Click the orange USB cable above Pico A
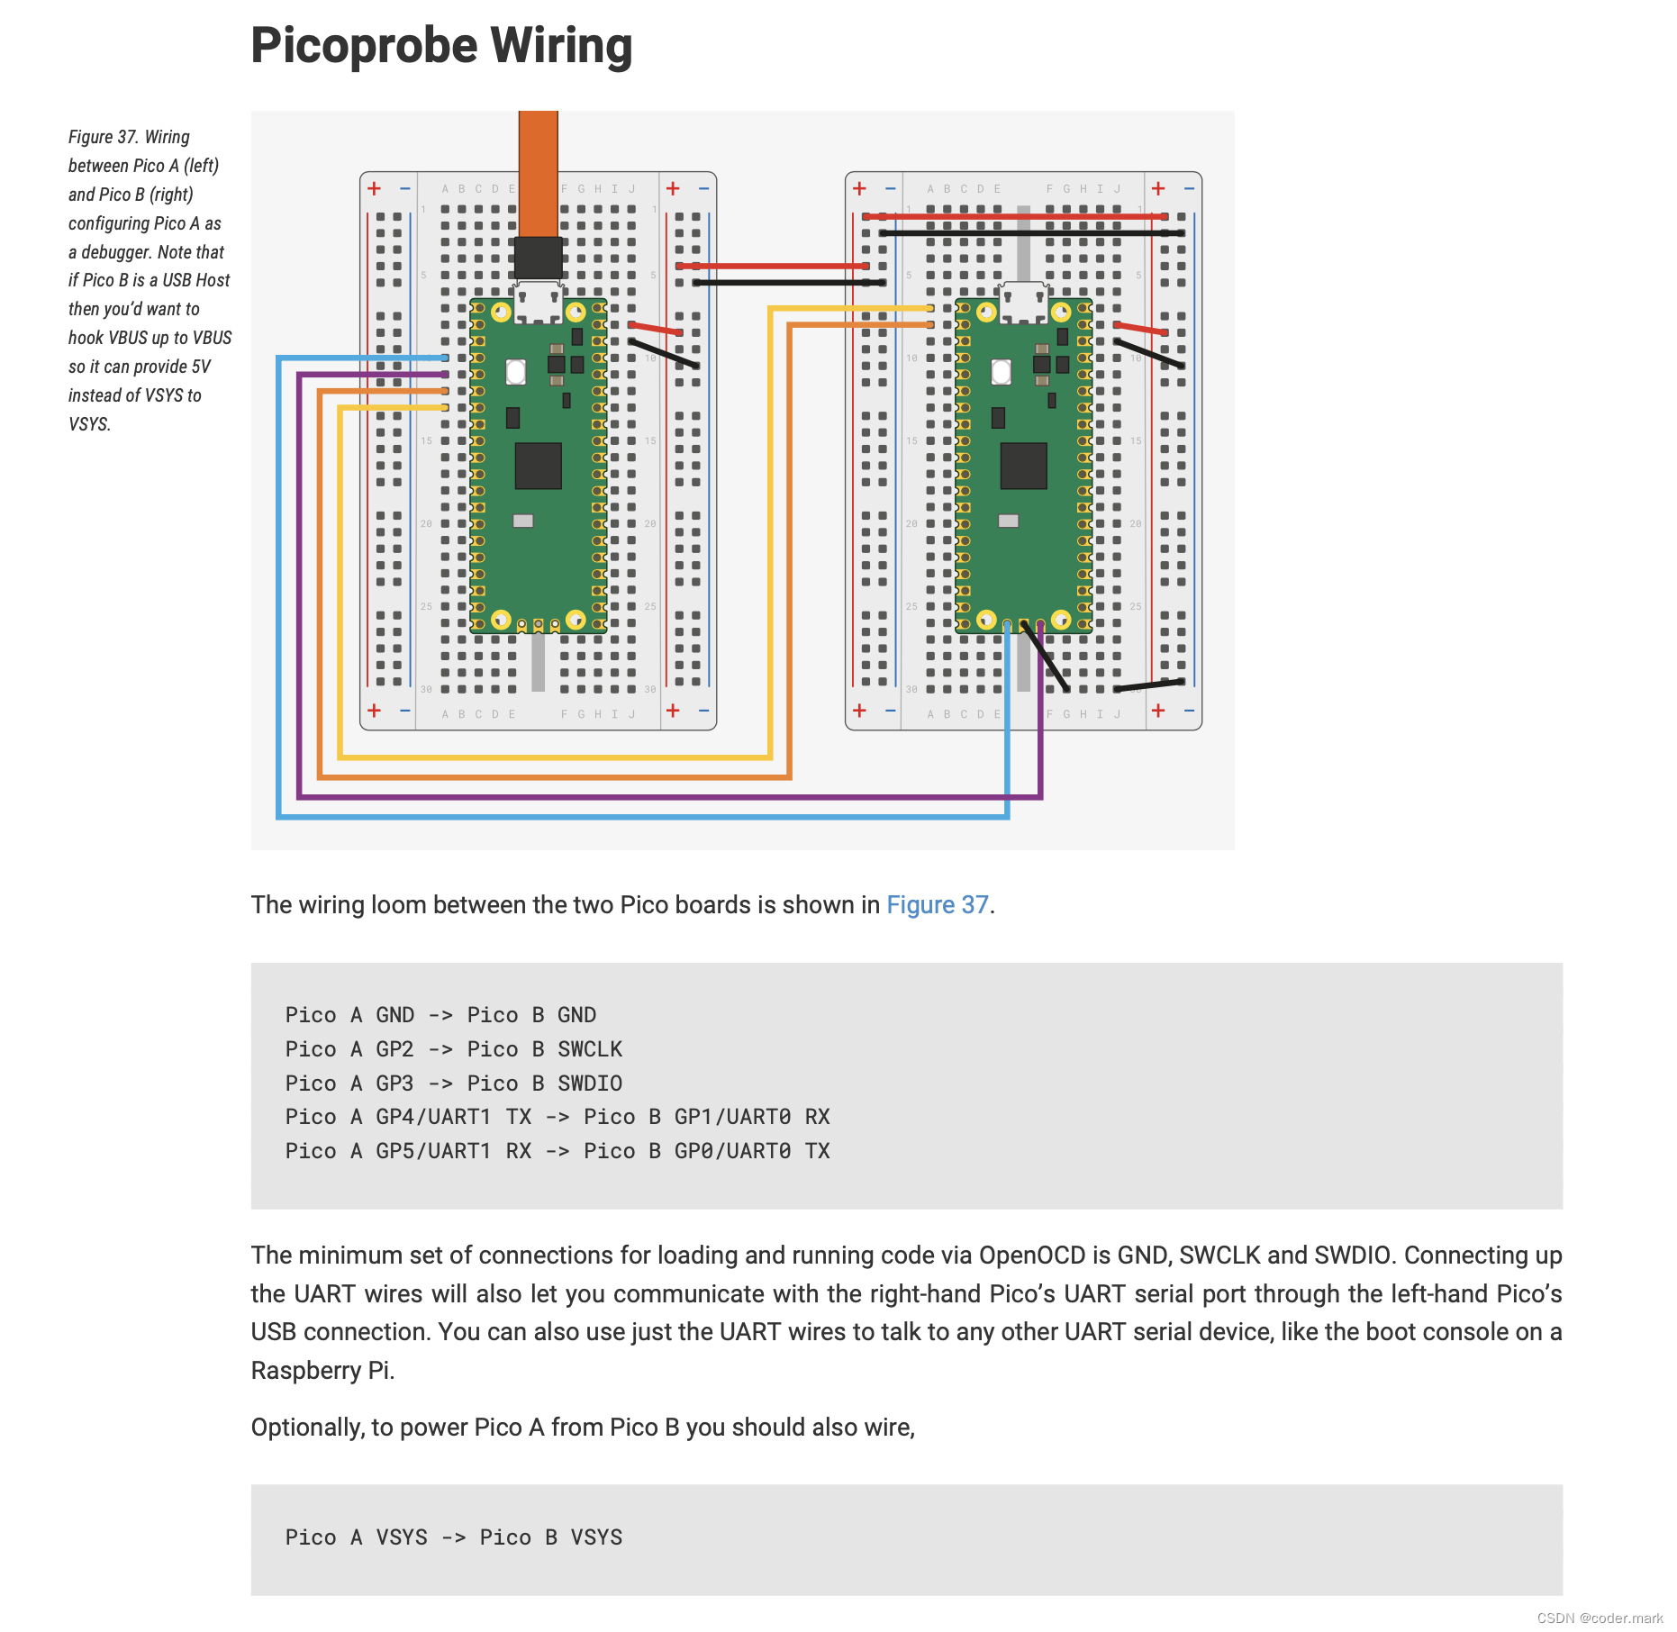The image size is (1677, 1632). (538, 171)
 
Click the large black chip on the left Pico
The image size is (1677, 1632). (538, 465)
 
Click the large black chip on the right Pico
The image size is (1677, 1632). (1023, 465)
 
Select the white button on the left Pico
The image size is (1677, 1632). (516, 371)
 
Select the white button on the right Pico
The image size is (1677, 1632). (1001, 371)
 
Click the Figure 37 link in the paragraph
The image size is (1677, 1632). (937, 904)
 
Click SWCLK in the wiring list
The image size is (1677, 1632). (590, 1049)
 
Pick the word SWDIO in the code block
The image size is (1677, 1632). (590, 1083)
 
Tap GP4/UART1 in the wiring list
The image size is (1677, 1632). (433, 1117)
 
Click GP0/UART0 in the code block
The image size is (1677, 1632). (732, 1151)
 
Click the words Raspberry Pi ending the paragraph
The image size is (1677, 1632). (321, 1371)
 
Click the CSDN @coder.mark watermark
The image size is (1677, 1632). (1600, 1618)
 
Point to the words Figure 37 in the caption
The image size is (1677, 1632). (102, 137)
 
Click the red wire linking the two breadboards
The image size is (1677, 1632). (773, 266)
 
